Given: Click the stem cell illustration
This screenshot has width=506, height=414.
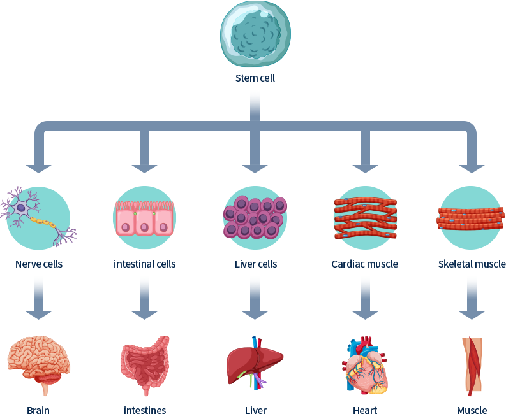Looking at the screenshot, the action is [255, 34].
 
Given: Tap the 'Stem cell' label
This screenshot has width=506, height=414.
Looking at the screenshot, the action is [255, 78].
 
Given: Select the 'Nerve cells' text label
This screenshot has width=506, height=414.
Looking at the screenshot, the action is [39, 264].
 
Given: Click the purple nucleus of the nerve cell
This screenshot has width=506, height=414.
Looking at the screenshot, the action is [21, 208].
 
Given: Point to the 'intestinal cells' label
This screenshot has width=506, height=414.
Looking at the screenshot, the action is [145, 264].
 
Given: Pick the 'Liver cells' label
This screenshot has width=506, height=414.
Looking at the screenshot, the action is [256, 264].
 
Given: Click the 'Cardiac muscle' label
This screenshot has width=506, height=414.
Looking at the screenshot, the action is [364, 264].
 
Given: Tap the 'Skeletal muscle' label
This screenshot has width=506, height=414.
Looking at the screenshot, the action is [472, 264].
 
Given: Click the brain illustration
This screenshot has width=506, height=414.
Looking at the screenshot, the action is [39, 365].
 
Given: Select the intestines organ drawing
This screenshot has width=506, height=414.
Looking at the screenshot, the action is [145, 365].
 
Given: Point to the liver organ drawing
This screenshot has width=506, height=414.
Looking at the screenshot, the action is [255, 363].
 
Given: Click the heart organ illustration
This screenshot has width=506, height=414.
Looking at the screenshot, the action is [365, 365].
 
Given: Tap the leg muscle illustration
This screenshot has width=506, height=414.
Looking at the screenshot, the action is [472, 366].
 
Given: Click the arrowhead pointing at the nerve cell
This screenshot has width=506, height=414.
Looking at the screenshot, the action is [39, 169].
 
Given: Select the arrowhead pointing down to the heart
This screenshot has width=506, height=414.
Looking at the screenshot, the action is [365, 315].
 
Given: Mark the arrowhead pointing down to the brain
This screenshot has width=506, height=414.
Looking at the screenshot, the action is [39, 315].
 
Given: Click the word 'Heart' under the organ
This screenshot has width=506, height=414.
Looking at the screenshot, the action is [365, 410].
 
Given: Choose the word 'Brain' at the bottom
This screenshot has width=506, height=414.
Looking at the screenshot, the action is [38, 410].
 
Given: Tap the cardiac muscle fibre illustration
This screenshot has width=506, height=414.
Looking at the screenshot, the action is [365, 218].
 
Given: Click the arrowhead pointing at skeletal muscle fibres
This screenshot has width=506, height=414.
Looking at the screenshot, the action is [472, 169].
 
